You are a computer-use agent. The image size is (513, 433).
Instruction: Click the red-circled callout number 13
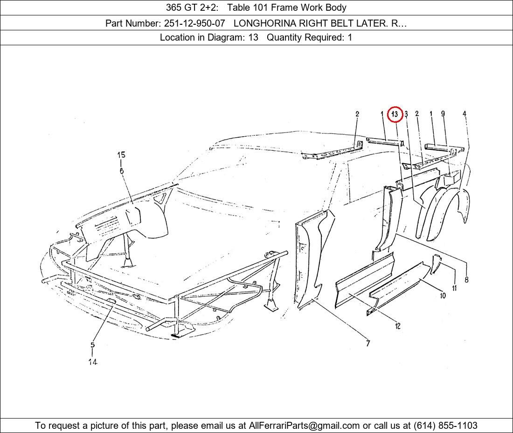point(395,114)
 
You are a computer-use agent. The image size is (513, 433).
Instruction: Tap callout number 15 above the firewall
point(121,155)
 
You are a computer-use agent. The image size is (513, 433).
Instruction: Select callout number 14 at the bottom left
point(93,362)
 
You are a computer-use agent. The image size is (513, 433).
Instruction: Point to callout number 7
point(368,343)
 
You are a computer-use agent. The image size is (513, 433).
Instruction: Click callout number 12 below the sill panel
point(397,326)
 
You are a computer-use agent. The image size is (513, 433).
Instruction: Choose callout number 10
point(443,295)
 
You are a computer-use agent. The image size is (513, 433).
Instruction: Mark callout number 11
point(454,288)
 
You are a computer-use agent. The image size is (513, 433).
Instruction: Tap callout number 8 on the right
point(466,279)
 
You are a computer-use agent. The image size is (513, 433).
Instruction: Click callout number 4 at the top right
point(464,113)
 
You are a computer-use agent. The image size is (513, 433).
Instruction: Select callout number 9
point(443,113)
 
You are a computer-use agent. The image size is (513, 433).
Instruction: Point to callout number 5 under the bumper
point(93,345)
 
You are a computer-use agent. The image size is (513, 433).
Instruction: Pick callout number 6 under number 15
point(121,171)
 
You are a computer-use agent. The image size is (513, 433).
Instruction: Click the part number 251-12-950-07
point(194,23)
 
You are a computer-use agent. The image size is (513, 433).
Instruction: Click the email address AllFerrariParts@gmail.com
point(304,426)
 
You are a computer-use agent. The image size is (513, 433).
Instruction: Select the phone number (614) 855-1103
point(445,426)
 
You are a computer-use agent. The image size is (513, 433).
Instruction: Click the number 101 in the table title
point(262,7)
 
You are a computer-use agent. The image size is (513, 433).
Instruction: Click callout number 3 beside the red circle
point(406,114)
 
